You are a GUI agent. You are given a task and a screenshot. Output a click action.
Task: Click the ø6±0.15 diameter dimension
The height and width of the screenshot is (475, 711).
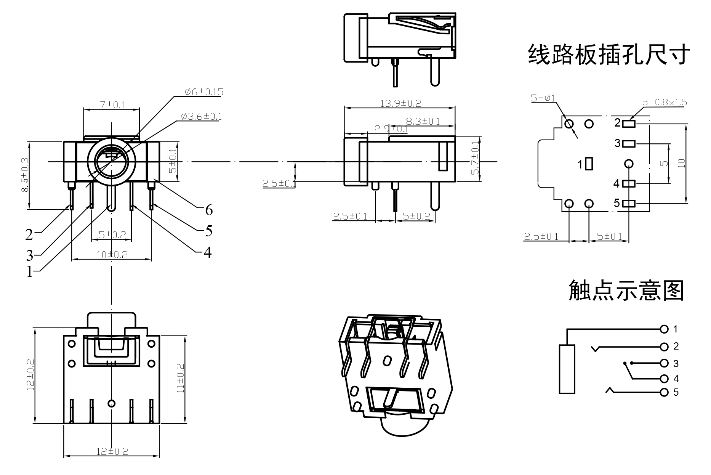tap(204, 92)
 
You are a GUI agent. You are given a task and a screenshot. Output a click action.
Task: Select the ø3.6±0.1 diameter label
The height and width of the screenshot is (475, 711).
tap(201, 116)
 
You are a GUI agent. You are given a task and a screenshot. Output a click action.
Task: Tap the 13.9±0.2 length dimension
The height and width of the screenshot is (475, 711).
tap(400, 103)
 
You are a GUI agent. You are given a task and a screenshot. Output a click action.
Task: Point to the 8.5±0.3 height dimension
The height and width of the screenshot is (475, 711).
tap(25, 175)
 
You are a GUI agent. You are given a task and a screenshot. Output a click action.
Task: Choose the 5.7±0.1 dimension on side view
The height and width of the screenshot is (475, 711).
tap(475, 158)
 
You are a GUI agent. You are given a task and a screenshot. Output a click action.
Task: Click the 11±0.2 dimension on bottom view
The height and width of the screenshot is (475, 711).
tap(181, 378)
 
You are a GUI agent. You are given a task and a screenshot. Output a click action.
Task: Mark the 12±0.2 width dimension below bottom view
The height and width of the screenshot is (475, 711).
tap(112, 451)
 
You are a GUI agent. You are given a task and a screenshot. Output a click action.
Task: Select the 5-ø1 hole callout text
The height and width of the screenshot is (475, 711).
tap(543, 98)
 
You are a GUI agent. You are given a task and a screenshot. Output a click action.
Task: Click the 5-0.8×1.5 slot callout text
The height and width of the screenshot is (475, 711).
tap(665, 102)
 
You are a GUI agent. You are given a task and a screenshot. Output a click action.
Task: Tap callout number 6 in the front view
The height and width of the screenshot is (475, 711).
tap(209, 210)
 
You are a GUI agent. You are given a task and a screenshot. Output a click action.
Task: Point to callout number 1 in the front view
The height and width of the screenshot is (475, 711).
tap(29, 272)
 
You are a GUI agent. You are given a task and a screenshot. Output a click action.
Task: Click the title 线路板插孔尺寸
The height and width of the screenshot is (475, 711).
tap(609, 55)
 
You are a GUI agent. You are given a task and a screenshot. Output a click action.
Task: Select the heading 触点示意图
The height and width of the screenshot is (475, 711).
tap(626, 290)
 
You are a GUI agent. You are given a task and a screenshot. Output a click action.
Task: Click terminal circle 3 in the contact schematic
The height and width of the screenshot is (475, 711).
tap(665, 363)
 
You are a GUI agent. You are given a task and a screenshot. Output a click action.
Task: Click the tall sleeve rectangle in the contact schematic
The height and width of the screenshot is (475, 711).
tap(567, 369)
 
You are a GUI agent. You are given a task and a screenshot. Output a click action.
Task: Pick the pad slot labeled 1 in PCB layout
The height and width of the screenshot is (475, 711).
tap(589, 164)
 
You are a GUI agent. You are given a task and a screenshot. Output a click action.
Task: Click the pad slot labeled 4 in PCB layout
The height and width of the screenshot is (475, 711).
tap(629, 184)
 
